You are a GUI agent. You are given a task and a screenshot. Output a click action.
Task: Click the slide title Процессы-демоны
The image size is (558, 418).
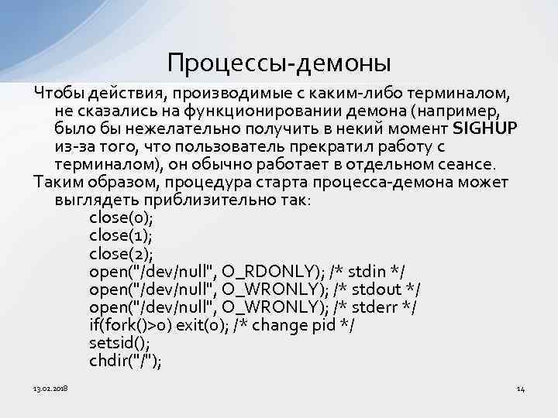[x=279, y=61]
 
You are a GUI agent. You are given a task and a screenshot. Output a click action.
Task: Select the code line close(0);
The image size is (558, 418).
[x=121, y=217]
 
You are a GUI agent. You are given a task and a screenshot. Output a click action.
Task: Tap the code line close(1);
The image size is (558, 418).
[x=120, y=235]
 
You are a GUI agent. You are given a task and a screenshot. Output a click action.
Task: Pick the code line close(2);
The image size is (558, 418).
[x=121, y=253]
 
